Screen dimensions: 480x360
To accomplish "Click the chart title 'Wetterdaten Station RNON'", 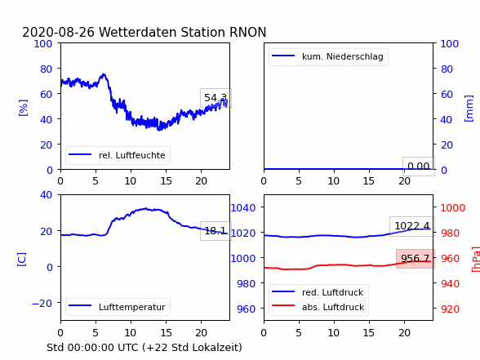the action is [x=183, y=32].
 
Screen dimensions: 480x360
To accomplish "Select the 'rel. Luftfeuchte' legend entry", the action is [x=118, y=155].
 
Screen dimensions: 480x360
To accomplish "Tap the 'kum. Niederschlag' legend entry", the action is [x=328, y=56].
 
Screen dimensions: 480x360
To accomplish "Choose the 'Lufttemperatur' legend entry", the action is [x=118, y=307].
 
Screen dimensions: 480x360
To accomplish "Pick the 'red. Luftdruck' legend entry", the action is [x=318, y=292].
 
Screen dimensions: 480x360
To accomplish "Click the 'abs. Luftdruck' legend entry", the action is [x=318, y=307].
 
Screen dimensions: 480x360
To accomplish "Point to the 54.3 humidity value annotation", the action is [x=216, y=98].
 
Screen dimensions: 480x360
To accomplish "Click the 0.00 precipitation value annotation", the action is [x=419, y=167].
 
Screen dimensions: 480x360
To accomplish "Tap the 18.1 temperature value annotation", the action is [x=216, y=230].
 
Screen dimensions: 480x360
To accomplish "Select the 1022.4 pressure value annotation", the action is [x=412, y=226].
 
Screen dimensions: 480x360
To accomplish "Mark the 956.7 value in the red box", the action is [x=416, y=258].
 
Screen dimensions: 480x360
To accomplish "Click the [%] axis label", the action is [x=23, y=108].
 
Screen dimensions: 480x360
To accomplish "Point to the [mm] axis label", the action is [x=469, y=109].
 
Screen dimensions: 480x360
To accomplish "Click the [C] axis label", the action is [x=22, y=260].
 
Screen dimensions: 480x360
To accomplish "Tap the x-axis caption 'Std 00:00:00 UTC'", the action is [x=93, y=348].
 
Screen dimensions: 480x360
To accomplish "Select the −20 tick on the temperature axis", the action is [x=42, y=304].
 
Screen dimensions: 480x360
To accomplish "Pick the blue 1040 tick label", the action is [x=243, y=208].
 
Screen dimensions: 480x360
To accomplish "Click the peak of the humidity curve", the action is [x=104, y=74].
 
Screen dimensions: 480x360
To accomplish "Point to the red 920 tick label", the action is [x=450, y=309].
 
